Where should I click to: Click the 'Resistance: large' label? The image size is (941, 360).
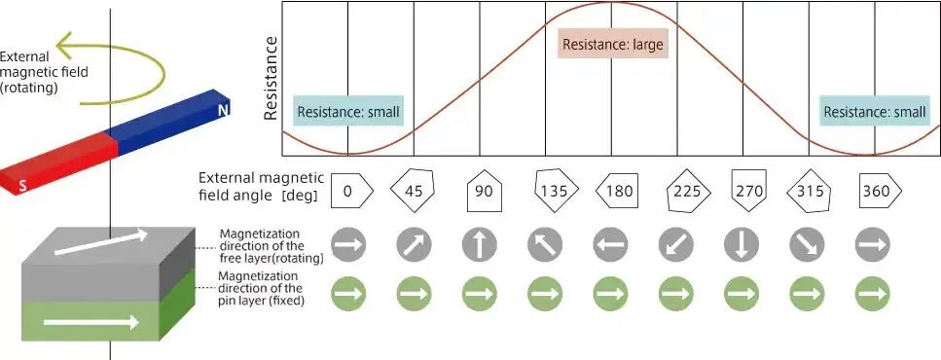pos(613,45)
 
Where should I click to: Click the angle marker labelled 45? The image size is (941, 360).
pos(413,191)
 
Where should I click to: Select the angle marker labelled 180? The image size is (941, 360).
pos(616,191)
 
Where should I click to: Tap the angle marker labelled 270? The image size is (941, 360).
pos(748,190)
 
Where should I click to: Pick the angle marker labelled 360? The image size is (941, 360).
pos(881,191)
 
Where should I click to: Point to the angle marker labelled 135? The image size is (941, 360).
pos(557,191)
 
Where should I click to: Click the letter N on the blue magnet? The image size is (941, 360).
pos(223,110)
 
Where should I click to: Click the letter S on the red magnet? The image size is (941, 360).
pos(22,186)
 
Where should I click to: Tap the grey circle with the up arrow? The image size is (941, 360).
pos(479,245)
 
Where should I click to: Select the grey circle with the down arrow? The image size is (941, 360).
pos(742,245)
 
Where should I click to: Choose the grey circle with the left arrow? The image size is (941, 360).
pos(610,245)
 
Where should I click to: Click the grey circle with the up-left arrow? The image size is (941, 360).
pos(545,245)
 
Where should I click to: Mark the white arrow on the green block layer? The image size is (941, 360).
pos(91,323)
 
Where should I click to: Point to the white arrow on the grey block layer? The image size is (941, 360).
pos(101,242)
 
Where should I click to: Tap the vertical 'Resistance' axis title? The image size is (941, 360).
pos(271,78)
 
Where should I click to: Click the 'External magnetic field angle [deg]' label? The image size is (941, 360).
pos(262,187)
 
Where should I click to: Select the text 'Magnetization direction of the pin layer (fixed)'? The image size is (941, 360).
pos(258,289)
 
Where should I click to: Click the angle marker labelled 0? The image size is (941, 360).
pos(352,191)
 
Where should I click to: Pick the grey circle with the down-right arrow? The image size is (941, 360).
pos(807,245)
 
